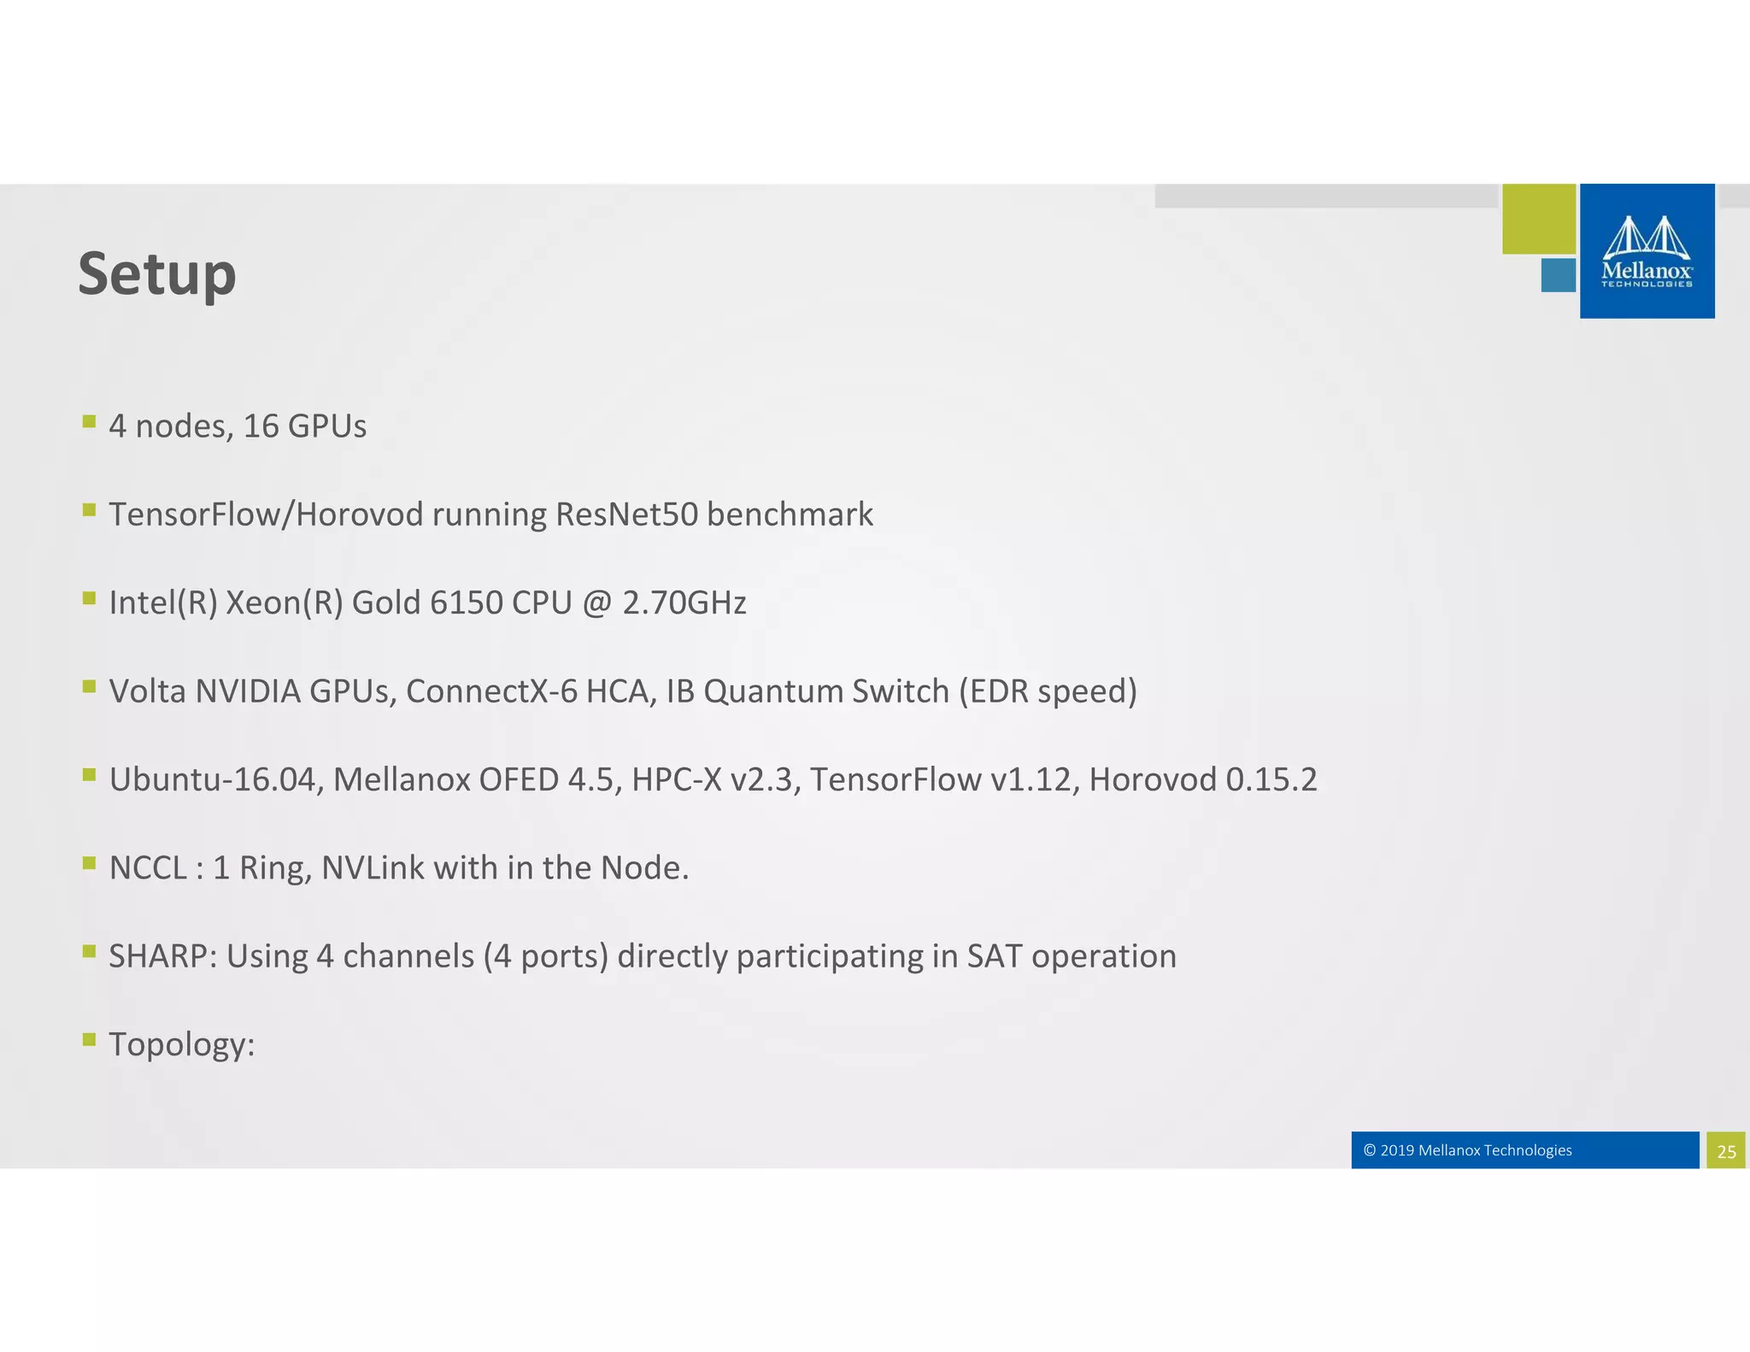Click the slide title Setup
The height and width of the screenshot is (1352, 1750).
(x=157, y=274)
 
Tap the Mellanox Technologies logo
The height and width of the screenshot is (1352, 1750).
(x=1647, y=251)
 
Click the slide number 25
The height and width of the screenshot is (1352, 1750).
(x=1726, y=1151)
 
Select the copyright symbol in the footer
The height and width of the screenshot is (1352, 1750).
(x=1370, y=1150)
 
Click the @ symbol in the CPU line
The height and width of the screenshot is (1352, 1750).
(x=596, y=603)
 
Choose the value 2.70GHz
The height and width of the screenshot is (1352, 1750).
(x=684, y=603)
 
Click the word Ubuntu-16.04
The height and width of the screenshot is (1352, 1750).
(x=213, y=779)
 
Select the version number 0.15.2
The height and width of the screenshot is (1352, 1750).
(x=1271, y=779)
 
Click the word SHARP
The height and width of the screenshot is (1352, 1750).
(x=162, y=956)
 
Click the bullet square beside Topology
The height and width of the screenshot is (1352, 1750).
(x=89, y=1039)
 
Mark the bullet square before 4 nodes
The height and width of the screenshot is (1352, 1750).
(x=89, y=421)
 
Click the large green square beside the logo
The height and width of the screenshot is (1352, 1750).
(x=1539, y=219)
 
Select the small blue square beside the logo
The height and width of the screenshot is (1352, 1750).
(x=1558, y=275)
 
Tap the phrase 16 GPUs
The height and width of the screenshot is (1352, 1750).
(x=305, y=426)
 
